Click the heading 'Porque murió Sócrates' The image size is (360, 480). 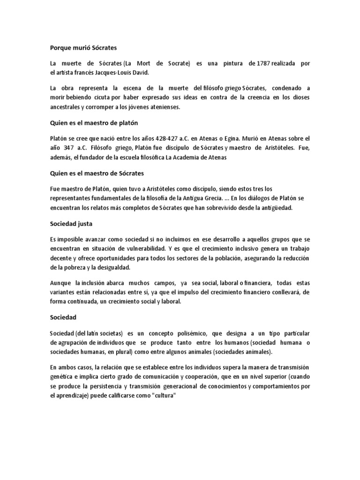coord(83,48)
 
